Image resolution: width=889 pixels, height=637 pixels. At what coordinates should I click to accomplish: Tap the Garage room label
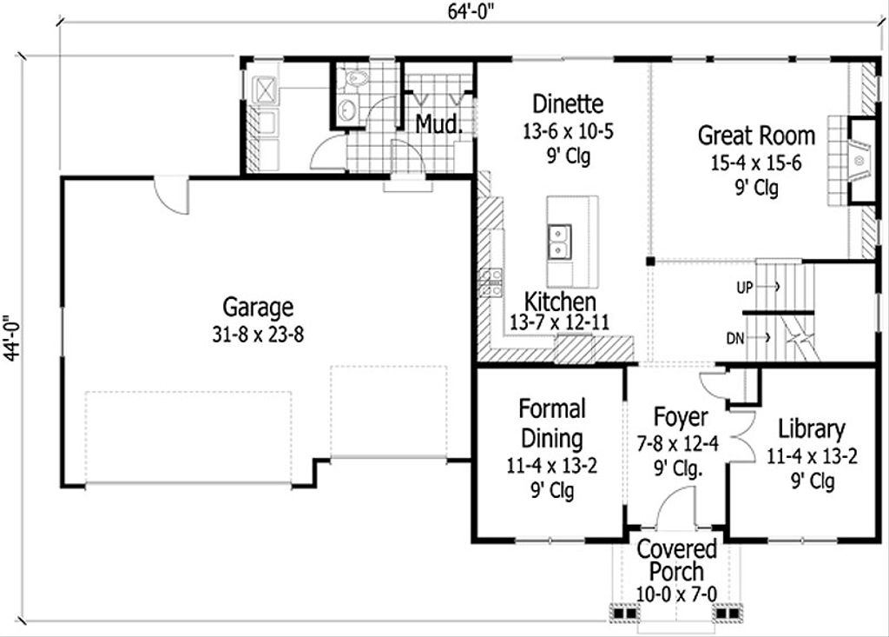point(258,308)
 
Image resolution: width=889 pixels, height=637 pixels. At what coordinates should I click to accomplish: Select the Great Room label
point(756,136)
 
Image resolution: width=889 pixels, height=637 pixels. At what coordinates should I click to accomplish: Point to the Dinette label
point(568,104)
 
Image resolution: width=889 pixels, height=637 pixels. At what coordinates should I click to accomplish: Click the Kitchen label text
point(561,302)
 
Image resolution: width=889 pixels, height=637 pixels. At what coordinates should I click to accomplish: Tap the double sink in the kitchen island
point(558,242)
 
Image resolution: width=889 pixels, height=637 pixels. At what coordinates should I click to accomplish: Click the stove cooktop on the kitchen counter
point(491,283)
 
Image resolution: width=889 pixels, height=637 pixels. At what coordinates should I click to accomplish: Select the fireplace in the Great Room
point(859,161)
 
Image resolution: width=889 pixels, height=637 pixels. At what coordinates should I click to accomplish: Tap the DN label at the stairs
point(735,338)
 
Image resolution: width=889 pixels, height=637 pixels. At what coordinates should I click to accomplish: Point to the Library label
point(811,429)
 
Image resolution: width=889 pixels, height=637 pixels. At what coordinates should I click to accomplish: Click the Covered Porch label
point(677,561)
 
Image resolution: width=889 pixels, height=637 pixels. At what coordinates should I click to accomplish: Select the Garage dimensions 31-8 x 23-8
point(258,335)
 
